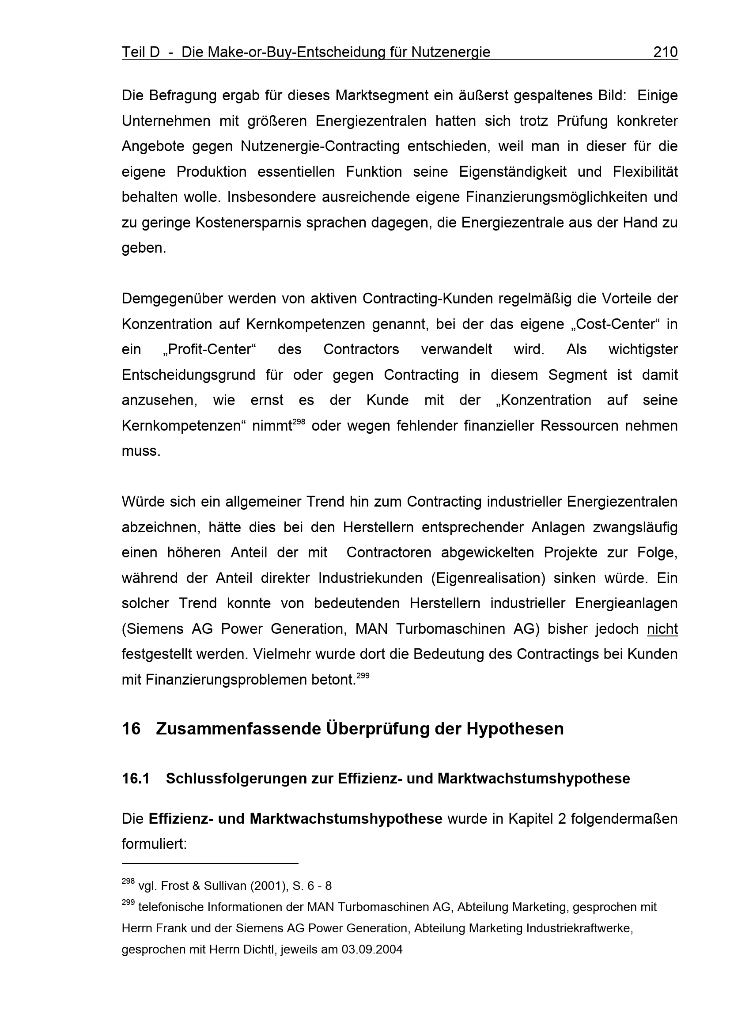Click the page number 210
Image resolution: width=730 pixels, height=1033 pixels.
point(665,52)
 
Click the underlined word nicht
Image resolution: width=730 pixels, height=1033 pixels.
point(662,628)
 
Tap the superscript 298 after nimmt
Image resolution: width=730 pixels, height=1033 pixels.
point(299,422)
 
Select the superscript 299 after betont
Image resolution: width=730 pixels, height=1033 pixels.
point(363,675)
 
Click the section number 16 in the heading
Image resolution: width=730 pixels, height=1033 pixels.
point(131,729)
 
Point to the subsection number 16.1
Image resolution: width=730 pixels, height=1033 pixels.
point(136,779)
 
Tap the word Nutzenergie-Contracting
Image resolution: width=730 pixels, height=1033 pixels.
point(320,147)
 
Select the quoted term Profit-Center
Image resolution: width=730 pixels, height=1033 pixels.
point(209,350)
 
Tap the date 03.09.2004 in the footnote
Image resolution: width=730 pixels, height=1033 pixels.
point(372,950)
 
